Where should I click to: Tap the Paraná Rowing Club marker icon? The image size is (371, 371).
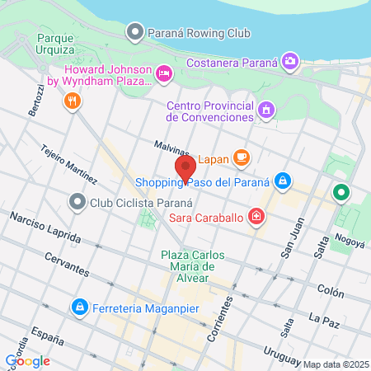pos(134,32)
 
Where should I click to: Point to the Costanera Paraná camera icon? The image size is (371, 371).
pos(289,60)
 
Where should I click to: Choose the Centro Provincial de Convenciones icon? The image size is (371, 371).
pos(265,109)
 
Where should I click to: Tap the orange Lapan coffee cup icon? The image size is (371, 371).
pos(241,157)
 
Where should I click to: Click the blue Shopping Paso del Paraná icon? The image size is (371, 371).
pos(283,180)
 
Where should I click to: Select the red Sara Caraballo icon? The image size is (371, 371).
pos(257,217)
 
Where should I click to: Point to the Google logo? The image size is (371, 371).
pos(27,360)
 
